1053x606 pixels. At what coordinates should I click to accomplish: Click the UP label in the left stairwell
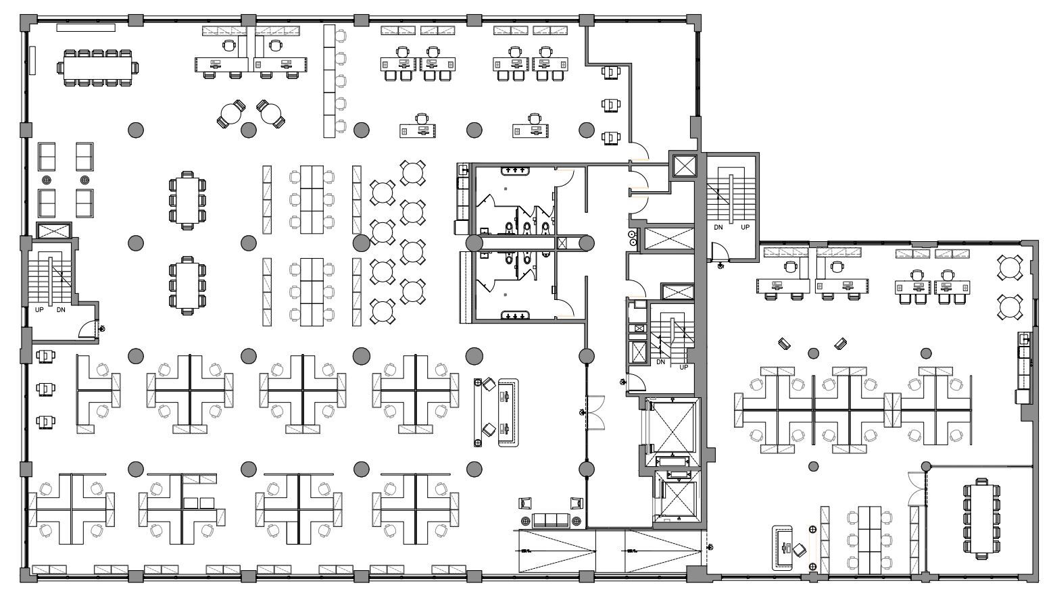(40, 310)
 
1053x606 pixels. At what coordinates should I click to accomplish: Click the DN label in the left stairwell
(61, 310)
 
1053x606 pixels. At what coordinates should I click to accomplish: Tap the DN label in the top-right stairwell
(718, 228)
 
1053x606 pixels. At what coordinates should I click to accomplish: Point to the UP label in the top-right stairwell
(745, 228)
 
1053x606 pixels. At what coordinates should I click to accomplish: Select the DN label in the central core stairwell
(660, 362)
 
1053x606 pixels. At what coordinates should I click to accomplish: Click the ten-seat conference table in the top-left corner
(99, 68)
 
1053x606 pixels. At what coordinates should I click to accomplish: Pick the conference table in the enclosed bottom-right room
(981, 517)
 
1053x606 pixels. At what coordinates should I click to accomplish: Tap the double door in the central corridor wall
(587, 412)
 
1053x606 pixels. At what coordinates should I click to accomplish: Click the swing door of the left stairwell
(89, 329)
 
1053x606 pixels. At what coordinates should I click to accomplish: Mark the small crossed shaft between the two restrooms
(562, 243)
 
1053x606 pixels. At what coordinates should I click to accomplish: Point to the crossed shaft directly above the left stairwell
(53, 230)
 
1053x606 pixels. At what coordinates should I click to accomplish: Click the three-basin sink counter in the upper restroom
(516, 170)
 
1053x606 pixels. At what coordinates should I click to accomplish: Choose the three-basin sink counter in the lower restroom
(516, 315)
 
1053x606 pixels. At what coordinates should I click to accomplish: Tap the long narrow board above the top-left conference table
(85, 28)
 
